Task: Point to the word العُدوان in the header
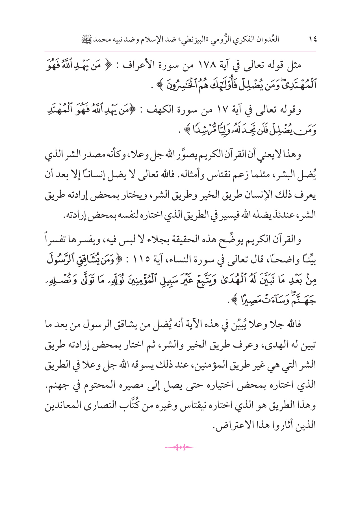266,40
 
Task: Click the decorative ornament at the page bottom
180,448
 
